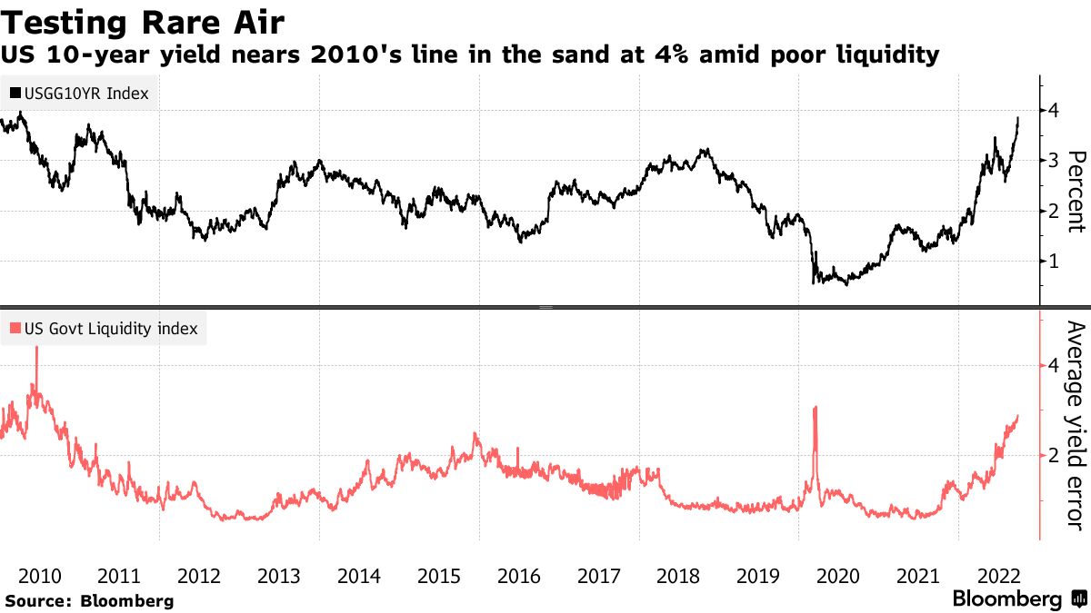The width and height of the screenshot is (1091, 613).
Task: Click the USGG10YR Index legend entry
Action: pyautogui.click(x=79, y=93)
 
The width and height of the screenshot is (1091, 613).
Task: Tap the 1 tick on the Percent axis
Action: pyautogui.click(x=1055, y=262)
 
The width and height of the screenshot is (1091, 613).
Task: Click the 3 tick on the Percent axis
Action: pyautogui.click(x=1055, y=161)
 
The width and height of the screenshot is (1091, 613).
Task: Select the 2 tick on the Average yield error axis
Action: pyautogui.click(x=1055, y=455)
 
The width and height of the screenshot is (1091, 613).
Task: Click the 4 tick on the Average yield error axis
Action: pyautogui.click(x=1055, y=365)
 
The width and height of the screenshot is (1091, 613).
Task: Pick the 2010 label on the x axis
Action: pyautogui.click(x=39, y=576)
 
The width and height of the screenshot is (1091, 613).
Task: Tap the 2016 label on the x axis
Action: pyautogui.click(x=519, y=576)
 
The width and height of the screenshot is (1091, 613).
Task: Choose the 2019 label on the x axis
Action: pyautogui.click(x=759, y=576)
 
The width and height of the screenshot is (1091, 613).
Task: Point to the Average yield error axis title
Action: pyautogui.click(x=1076, y=425)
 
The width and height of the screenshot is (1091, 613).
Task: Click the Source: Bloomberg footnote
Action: pyautogui.click(x=89, y=600)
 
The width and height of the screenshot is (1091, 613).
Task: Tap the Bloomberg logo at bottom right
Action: pyautogui.click(x=1018, y=599)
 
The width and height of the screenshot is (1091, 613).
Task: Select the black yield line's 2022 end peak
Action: pyautogui.click(x=1018, y=118)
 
